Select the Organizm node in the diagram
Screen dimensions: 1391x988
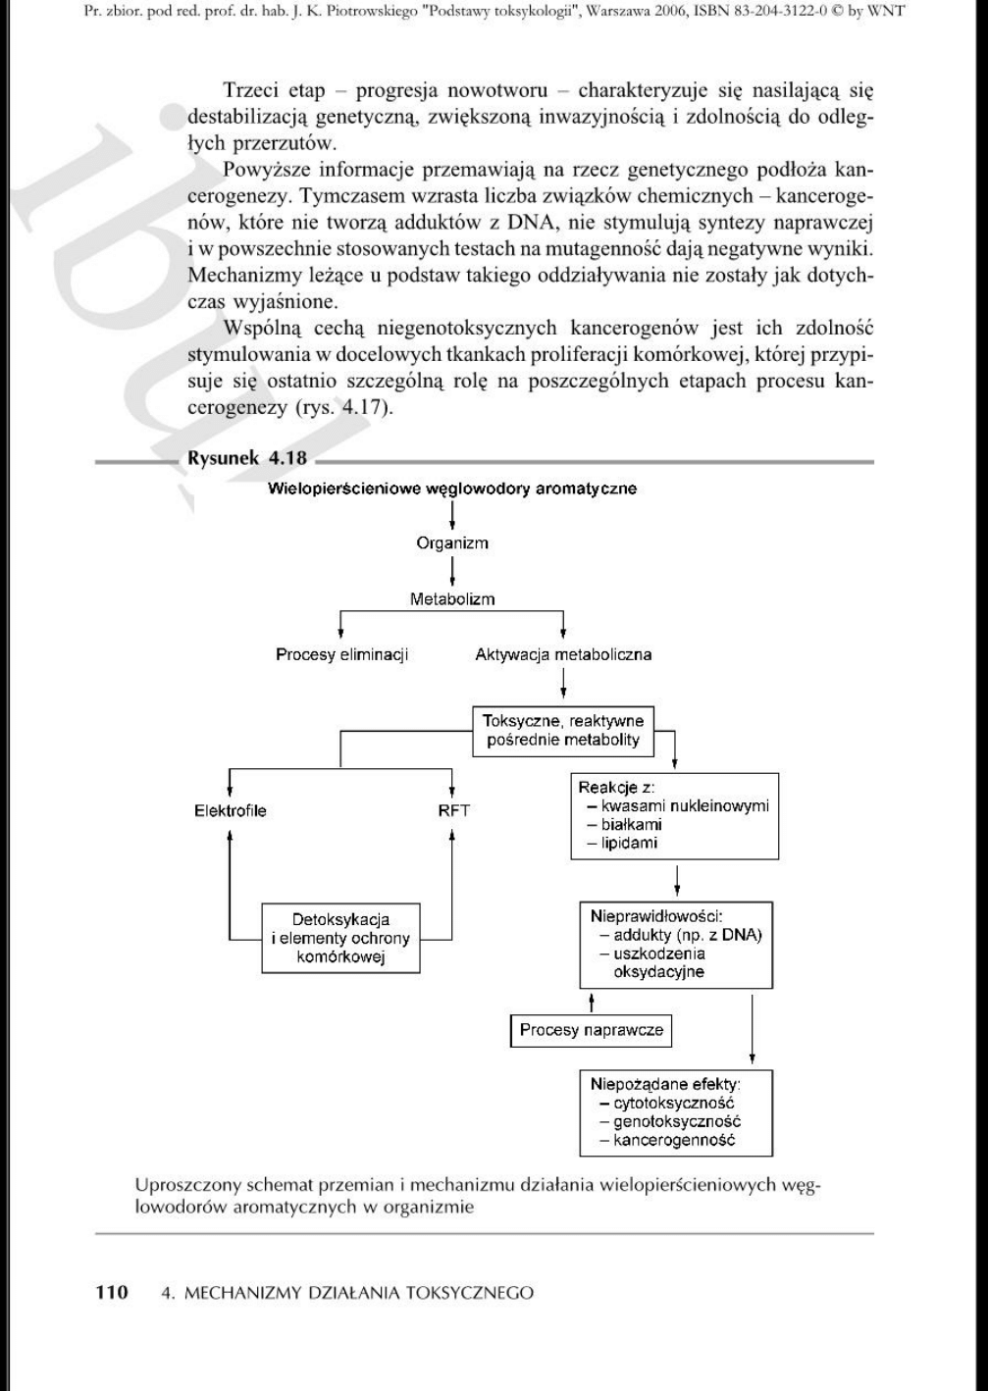click(451, 542)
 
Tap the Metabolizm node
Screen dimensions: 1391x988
click(451, 598)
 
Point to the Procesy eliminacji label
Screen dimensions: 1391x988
click(341, 654)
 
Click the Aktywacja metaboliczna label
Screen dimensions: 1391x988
click(563, 654)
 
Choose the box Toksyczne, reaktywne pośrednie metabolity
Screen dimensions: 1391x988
click(563, 731)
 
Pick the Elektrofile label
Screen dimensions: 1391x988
click(230, 810)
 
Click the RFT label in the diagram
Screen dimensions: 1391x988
click(453, 810)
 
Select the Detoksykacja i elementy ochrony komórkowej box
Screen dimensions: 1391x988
click(340, 938)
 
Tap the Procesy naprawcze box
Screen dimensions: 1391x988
click(592, 1030)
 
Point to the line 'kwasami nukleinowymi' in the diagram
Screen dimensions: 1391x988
click(685, 806)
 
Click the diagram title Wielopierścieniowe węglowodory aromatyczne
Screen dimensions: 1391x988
click(452, 488)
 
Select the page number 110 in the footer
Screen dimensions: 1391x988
click(112, 1292)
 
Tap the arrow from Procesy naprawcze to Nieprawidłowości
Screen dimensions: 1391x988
click(592, 1002)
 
